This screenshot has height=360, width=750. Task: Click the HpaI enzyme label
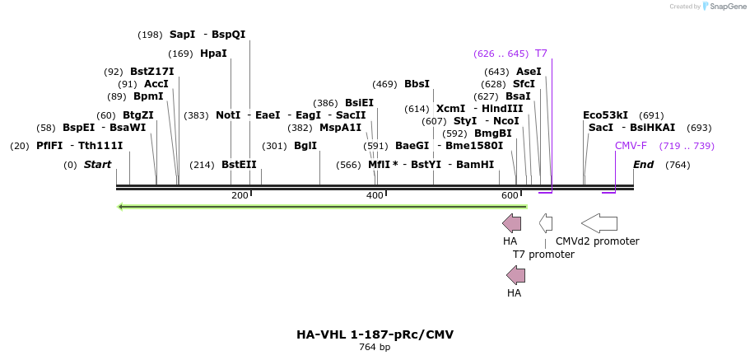click(213, 54)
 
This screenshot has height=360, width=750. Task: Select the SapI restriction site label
click(182, 35)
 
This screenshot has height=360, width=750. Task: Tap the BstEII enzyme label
click(239, 165)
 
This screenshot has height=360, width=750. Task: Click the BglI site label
click(305, 146)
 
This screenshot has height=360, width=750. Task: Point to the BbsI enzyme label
click(417, 84)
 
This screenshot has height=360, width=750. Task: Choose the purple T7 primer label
click(541, 54)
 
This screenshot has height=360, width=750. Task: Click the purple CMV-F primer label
click(631, 146)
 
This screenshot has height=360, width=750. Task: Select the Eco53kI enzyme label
click(605, 115)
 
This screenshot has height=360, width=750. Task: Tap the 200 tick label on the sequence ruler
click(240, 195)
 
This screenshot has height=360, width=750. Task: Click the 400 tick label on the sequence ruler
click(375, 195)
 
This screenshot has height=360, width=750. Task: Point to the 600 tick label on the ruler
click(510, 195)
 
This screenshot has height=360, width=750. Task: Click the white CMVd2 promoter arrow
click(599, 222)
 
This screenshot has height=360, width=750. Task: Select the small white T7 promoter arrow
click(545, 222)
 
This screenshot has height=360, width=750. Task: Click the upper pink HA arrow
click(511, 222)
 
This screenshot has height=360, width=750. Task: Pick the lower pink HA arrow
click(515, 274)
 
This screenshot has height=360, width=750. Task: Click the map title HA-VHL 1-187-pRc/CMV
click(375, 334)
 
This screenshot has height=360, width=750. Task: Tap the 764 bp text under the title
click(375, 348)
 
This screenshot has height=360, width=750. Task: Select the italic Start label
click(97, 165)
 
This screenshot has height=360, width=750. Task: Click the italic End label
click(643, 165)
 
